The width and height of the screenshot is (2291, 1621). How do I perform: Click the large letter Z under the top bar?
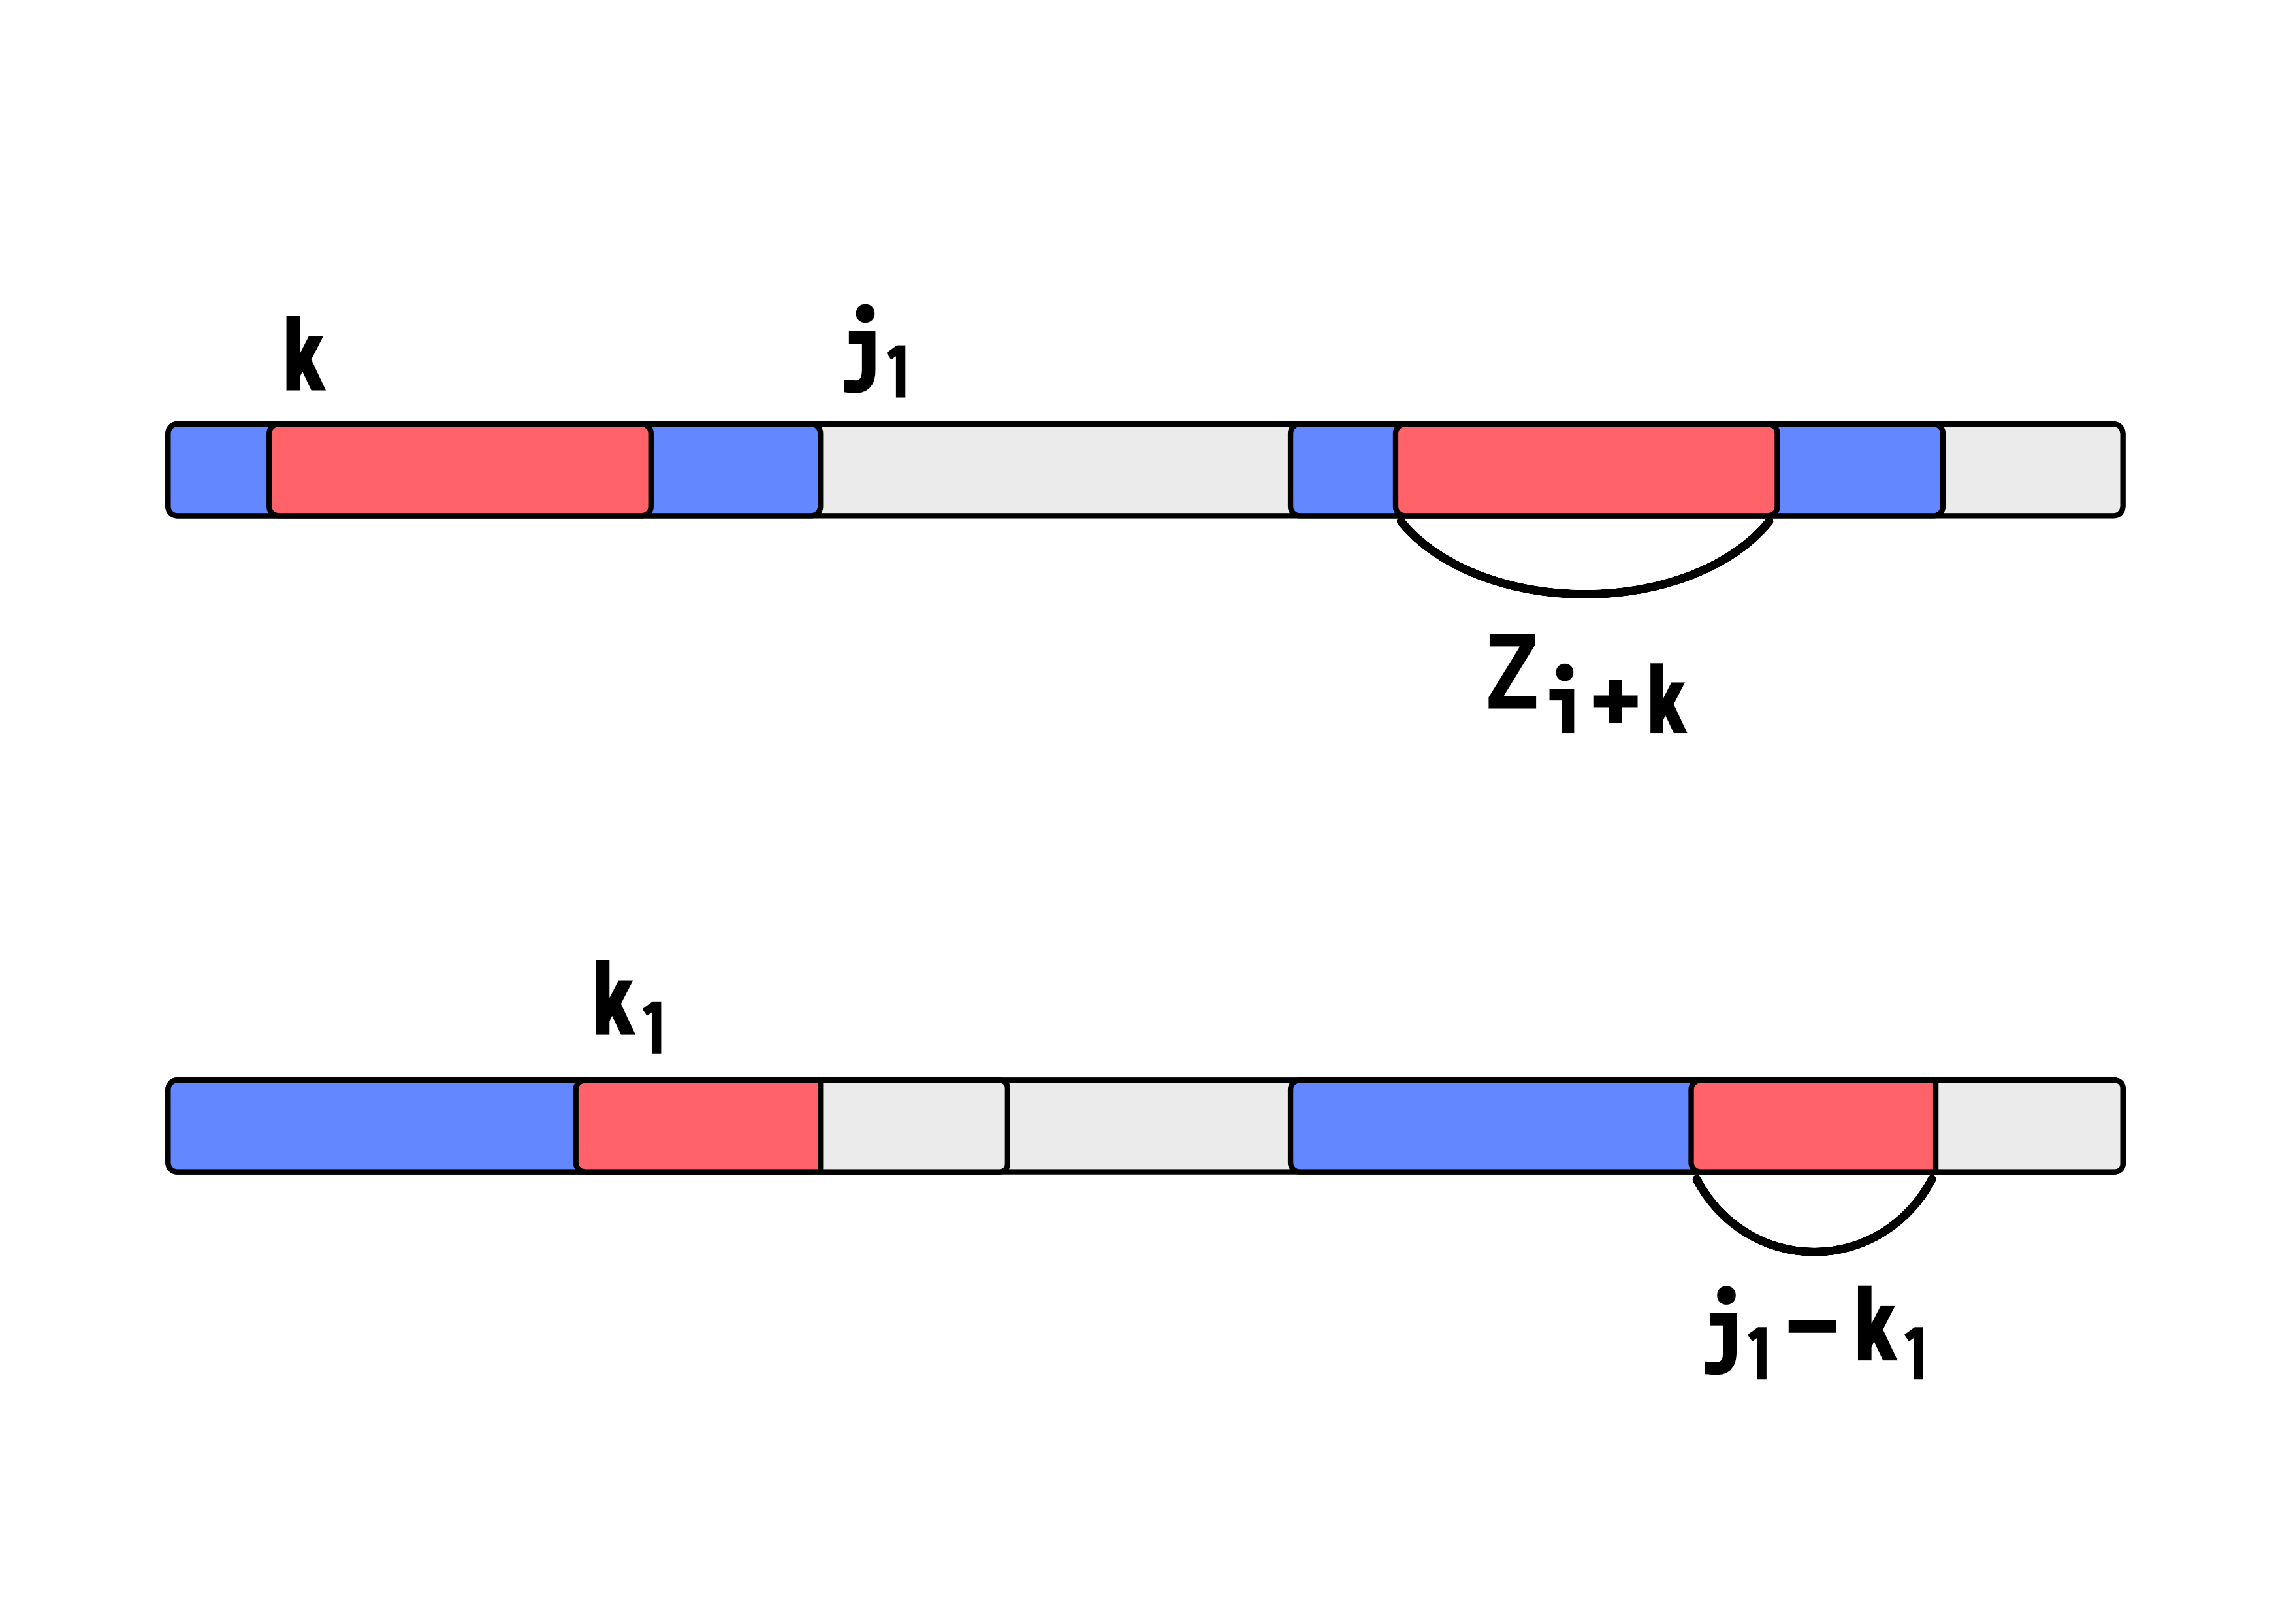coord(1512,671)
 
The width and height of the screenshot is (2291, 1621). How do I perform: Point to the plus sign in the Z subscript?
coord(1616,700)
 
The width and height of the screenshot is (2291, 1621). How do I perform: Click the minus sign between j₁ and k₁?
coord(1812,1326)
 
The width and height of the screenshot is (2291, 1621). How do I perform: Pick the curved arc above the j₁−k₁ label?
coord(1814,1250)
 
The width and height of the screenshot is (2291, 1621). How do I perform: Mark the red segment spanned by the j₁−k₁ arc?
coord(1813,1126)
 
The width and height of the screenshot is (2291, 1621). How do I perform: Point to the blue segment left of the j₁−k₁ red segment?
coord(1491,1126)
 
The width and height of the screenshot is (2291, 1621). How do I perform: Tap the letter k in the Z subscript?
coord(1667,698)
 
